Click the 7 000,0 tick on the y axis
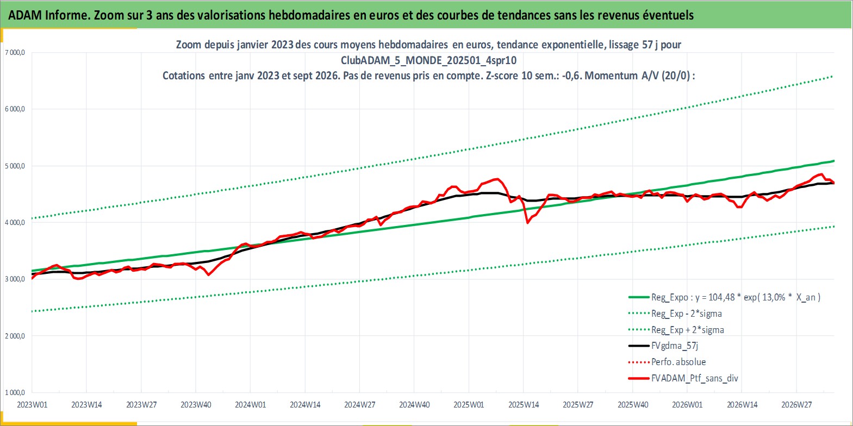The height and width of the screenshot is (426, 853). [x=15, y=53]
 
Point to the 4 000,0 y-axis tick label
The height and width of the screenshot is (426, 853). [x=15, y=223]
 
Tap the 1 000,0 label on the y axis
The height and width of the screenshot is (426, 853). [x=15, y=392]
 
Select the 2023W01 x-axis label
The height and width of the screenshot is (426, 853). [x=32, y=405]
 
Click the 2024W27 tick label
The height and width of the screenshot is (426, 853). [x=359, y=405]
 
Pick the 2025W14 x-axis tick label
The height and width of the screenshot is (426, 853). [x=524, y=405]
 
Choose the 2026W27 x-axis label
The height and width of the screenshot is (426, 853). [x=796, y=405]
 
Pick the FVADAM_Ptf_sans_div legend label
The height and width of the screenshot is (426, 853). [x=695, y=378]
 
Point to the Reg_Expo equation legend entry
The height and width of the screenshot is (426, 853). [x=736, y=298]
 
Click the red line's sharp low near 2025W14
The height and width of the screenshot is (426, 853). [x=527, y=223]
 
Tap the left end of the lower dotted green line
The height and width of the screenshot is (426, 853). [x=33, y=311]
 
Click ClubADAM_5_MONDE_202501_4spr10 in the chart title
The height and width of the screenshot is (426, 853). [x=428, y=60]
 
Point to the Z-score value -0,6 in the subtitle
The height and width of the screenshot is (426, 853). [x=570, y=76]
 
